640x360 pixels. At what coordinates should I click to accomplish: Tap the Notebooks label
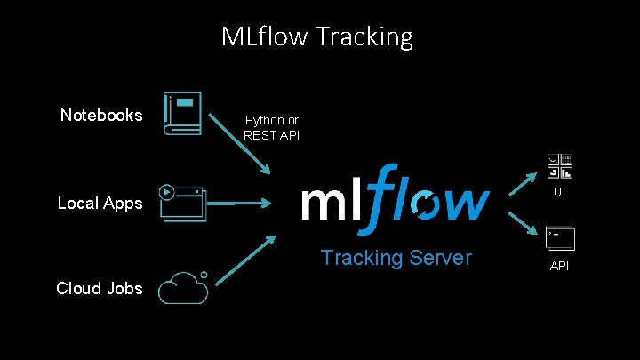click(101, 115)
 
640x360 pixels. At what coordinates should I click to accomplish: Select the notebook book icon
click(182, 114)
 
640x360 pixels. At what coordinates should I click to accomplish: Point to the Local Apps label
click(100, 203)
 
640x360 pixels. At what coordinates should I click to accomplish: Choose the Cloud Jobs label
click(99, 288)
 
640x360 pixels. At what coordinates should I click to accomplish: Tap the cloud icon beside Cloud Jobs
click(183, 287)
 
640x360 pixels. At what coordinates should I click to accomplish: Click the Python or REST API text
click(272, 127)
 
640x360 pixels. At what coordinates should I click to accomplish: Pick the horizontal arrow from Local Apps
click(241, 203)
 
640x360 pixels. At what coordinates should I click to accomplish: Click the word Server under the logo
click(440, 258)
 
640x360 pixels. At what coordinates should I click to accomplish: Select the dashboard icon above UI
click(560, 166)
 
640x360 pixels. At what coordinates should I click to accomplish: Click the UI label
click(560, 192)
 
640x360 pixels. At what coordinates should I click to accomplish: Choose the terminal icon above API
click(560, 238)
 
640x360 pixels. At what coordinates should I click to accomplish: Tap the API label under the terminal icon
click(560, 266)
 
